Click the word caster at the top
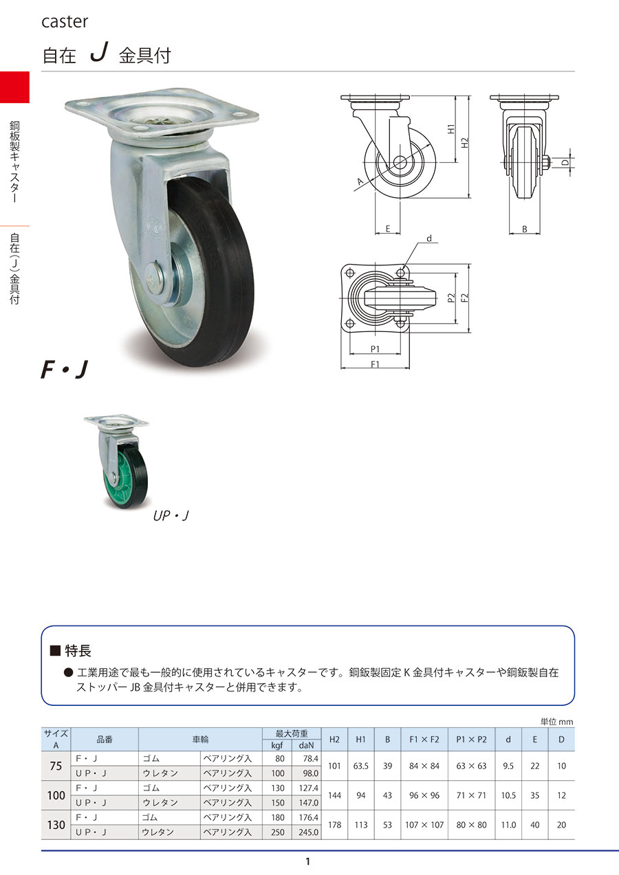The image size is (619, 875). pyautogui.click(x=65, y=21)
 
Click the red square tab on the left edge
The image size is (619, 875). pyautogui.click(x=14, y=87)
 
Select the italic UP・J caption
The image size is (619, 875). pyautogui.click(x=171, y=515)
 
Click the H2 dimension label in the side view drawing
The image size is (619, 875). pyautogui.click(x=465, y=144)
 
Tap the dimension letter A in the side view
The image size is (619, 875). pyautogui.click(x=359, y=182)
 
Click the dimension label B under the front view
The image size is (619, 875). pyautogui.click(x=524, y=229)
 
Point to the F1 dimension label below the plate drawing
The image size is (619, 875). pyautogui.click(x=376, y=364)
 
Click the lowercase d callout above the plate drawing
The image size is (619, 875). pyautogui.click(x=428, y=239)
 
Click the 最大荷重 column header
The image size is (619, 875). pyautogui.click(x=292, y=733)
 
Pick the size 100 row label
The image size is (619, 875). pyautogui.click(x=56, y=796)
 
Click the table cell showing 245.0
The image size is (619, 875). pyautogui.click(x=308, y=832)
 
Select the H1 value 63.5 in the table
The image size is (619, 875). pyautogui.click(x=361, y=766)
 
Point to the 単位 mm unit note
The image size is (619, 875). pyautogui.click(x=556, y=721)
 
